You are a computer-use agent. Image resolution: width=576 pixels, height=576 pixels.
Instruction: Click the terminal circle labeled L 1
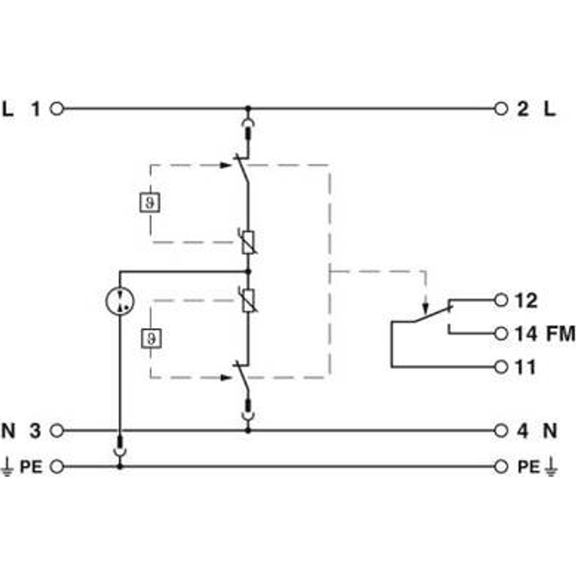56,109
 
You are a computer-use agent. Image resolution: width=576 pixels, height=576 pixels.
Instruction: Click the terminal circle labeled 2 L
501,109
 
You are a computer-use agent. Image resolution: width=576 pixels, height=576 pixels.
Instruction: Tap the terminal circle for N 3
56,430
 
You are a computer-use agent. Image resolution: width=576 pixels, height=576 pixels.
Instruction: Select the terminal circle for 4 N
501,430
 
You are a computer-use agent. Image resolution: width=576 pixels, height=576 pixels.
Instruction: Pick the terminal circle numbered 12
501,300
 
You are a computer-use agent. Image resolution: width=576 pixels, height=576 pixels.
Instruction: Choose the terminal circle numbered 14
501,333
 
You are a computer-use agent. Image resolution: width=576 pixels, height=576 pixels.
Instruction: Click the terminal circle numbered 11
501,366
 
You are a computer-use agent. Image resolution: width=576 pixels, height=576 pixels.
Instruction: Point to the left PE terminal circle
56,466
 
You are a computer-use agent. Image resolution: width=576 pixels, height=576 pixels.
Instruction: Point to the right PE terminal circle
501,466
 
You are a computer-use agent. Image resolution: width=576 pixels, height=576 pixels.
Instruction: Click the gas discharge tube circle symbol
120,301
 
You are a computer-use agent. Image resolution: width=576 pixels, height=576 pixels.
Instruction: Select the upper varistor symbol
248,243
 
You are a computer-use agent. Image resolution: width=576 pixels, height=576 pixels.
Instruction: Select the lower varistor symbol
248,301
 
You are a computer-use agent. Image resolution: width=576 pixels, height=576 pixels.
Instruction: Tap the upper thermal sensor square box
150,202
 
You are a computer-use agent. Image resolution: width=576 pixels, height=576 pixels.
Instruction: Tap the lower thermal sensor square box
151,338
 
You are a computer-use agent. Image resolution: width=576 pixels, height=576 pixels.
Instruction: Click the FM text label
560,334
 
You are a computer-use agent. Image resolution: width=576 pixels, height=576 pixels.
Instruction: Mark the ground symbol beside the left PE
7,467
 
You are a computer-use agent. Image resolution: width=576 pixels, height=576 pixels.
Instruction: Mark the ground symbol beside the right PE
551,467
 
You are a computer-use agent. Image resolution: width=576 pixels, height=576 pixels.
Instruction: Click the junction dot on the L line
248,108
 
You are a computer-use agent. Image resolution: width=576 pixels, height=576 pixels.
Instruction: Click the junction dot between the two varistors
248,272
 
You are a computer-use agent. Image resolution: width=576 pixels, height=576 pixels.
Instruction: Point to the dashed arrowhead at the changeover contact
426,308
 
